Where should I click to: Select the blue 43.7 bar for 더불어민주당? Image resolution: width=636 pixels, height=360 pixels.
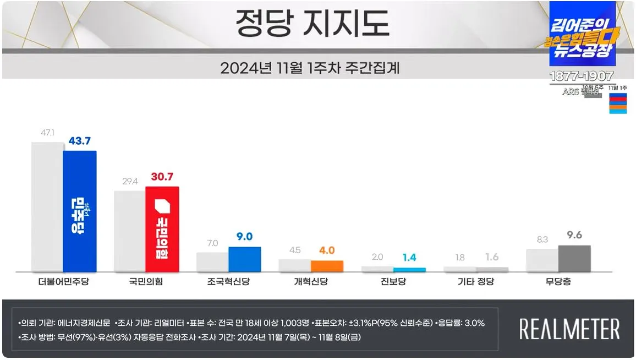80,211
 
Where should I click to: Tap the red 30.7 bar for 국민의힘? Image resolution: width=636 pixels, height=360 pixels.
162,228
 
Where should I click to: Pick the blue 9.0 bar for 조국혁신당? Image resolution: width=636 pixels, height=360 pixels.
244,259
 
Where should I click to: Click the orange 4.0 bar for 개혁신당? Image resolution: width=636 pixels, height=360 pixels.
327,265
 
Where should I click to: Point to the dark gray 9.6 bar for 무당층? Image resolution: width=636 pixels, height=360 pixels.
574,258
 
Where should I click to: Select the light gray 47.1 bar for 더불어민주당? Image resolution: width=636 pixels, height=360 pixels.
47,206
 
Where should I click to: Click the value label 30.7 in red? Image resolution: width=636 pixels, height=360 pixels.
162,177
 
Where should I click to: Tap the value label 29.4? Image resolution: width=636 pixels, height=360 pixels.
130,181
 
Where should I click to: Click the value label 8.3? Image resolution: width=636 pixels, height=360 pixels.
542,239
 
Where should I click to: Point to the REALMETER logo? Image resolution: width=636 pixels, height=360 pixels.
569,329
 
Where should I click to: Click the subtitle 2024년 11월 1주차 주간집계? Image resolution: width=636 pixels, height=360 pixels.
310,68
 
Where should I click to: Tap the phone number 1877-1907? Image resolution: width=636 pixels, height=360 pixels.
582,76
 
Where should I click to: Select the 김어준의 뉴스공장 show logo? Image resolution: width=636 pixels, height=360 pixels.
582,35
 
